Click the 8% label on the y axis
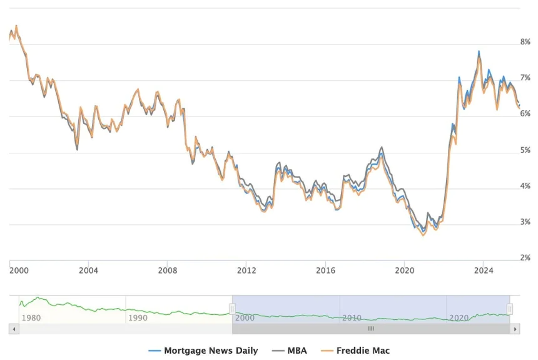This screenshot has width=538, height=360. (525, 42)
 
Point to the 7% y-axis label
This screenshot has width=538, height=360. (525, 78)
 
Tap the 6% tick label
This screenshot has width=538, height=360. (525, 114)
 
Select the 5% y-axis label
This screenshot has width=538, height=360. (525, 150)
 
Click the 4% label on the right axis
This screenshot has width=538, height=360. (525, 186)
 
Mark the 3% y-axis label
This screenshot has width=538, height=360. (525, 222)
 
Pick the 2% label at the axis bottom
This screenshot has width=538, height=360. (525, 257)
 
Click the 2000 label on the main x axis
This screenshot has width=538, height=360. (19, 270)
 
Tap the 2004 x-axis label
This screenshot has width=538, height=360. (88, 270)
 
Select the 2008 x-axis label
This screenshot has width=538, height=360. (168, 270)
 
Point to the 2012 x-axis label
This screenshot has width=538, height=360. (246, 270)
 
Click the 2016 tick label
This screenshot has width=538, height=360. (325, 270)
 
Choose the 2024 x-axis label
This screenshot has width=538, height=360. (484, 270)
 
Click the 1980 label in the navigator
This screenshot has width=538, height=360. (31, 317)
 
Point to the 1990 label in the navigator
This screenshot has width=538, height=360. (138, 317)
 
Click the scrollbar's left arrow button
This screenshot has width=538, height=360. (13, 329)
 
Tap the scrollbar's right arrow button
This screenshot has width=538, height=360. (515, 329)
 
